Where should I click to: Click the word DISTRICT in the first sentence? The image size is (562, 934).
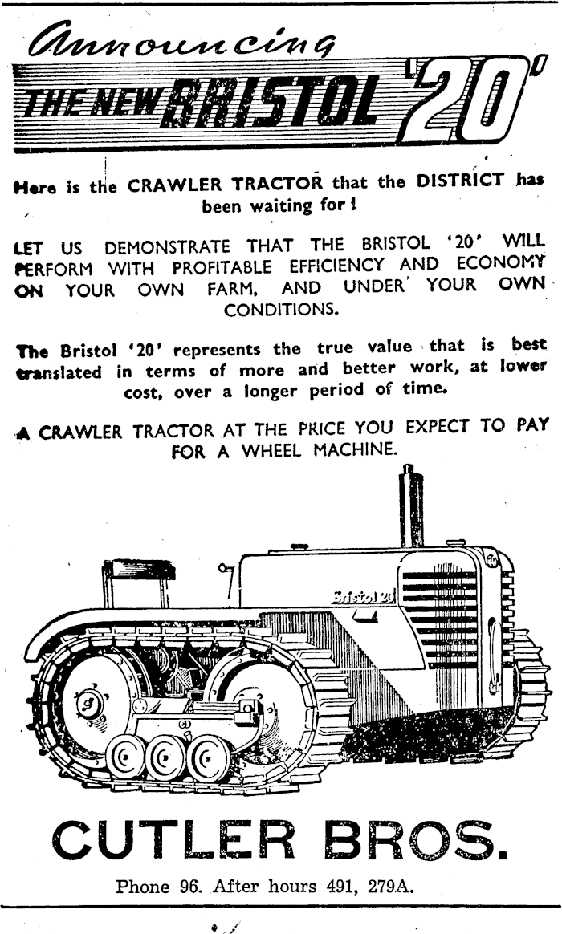point(461,181)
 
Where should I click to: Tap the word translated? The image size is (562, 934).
point(59,372)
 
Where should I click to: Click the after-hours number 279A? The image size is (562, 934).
point(390,887)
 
